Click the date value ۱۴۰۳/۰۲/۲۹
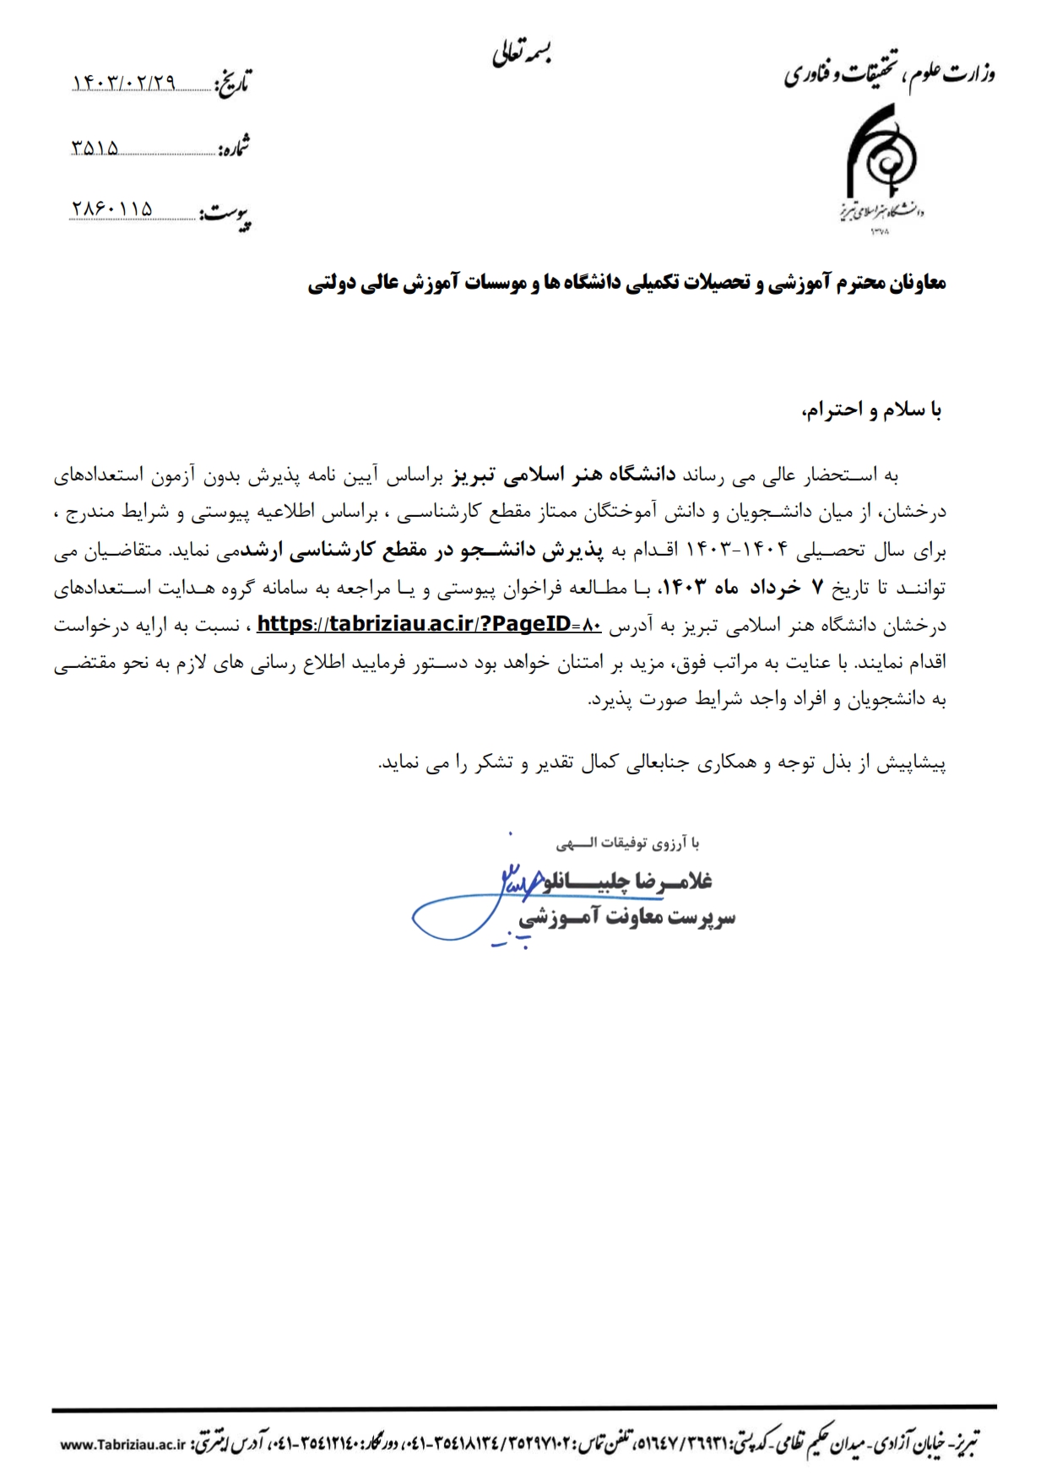[x=125, y=82]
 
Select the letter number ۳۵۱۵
[x=95, y=149]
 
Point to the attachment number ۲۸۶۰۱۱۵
[x=111, y=209]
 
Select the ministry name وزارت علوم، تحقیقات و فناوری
[x=889, y=74]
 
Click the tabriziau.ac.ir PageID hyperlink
[x=429, y=625]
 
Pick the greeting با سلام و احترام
[x=871, y=411]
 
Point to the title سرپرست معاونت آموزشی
[x=626, y=918]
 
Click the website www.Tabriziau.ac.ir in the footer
[x=122, y=1445]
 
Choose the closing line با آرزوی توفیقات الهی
[x=627, y=843]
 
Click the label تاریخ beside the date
[x=232, y=83]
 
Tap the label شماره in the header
[x=234, y=149]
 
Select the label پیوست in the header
[x=225, y=215]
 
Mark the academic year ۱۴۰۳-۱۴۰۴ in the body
[x=740, y=551]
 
